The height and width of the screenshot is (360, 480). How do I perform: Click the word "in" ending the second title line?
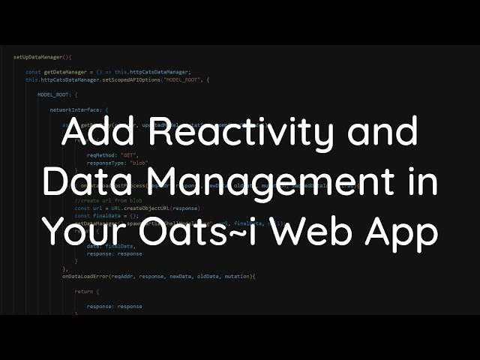coord(420,183)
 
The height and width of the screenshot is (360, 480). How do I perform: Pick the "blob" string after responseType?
coord(138,162)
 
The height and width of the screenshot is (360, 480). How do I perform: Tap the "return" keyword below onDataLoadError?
coord(84,292)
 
